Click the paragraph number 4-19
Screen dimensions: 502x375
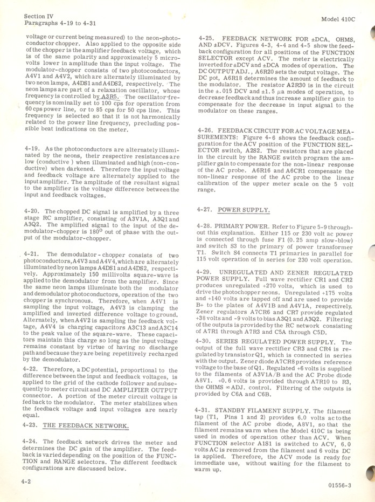click(32, 148)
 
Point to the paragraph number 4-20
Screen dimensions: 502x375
click(32, 211)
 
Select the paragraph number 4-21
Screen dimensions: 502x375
click(32, 254)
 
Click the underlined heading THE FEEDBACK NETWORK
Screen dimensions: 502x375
click(86, 426)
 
